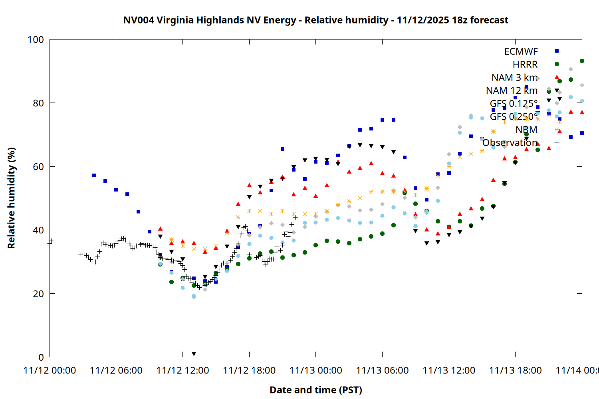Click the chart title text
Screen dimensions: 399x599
pos(315,20)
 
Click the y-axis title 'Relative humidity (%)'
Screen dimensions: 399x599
pos(11,198)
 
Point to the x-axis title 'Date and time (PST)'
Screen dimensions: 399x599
pos(315,390)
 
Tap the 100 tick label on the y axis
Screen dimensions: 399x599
pos(36,40)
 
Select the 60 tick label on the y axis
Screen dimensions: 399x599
pos(38,167)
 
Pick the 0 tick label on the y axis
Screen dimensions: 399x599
pos(41,357)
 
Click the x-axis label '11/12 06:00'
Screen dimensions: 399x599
pos(116,371)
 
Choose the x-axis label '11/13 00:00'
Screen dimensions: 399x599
pos(315,371)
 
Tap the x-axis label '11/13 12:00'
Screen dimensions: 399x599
pos(449,371)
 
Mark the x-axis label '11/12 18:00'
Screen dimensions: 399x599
pos(249,371)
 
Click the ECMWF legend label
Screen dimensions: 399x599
pos(521,51)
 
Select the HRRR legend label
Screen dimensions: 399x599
pos(525,65)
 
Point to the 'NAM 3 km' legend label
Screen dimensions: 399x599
pos(514,77)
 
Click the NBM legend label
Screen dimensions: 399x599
pos(526,130)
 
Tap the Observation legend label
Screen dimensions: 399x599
pos(510,142)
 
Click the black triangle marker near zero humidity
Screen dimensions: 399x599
pos(194,354)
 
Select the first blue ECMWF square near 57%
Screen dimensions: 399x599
pos(94,175)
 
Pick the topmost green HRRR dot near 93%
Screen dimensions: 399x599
pos(582,61)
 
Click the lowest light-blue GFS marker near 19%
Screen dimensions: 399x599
pos(194,296)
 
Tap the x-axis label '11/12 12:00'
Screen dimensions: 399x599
pos(182,371)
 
